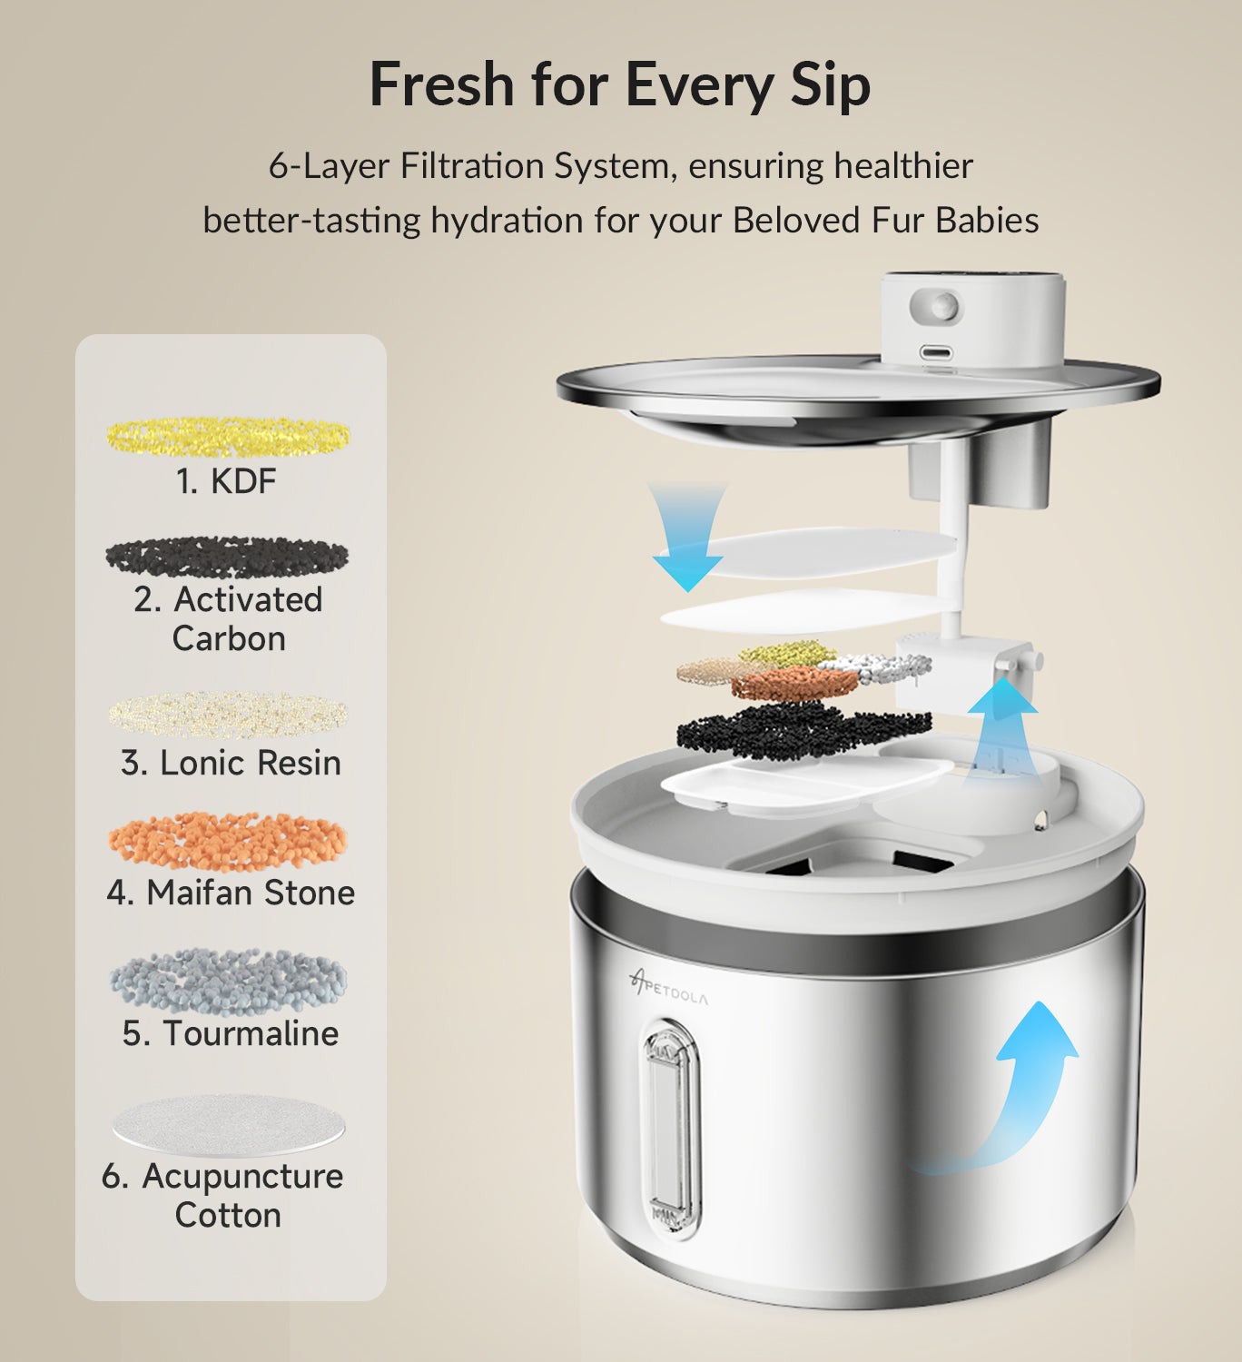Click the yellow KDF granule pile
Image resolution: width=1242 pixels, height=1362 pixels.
228,436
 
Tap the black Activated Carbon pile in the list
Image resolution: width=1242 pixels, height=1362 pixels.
227,556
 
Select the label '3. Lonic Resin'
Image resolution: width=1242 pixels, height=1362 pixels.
231,763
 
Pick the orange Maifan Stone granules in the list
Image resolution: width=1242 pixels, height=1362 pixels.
228,840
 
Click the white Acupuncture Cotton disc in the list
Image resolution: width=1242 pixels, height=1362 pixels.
228,1124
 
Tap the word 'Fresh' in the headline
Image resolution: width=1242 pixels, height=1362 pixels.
442,84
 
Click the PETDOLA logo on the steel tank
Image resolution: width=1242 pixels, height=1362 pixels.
669,987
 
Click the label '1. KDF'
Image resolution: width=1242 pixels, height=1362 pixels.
226,480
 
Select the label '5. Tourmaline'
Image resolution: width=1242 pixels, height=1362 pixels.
231,1033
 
